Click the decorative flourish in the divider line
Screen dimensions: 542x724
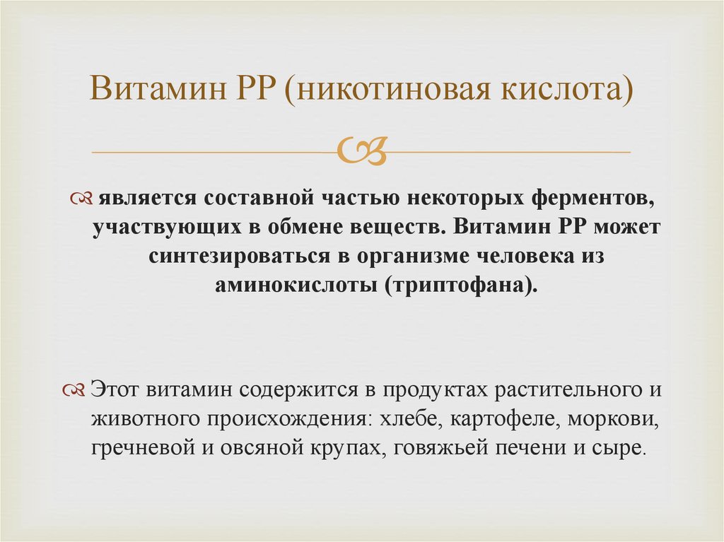(362, 151)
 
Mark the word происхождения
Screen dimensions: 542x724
(286, 420)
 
